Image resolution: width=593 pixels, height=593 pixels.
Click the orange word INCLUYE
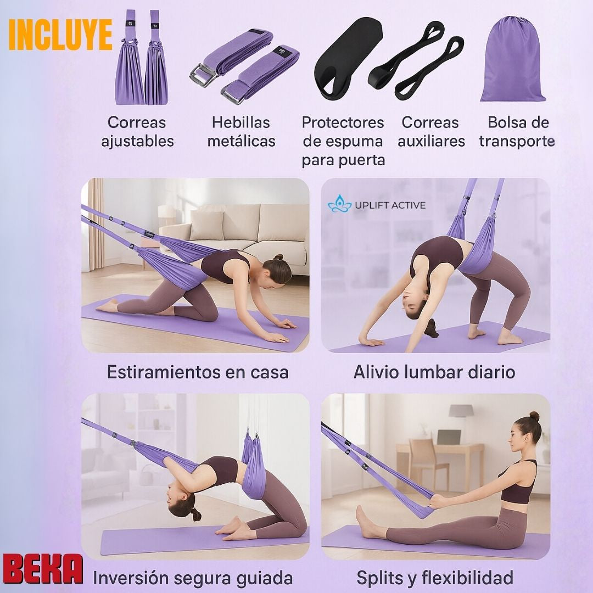(60, 35)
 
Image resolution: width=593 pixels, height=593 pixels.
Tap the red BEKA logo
(43, 569)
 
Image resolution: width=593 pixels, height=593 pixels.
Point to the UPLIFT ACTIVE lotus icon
(339, 205)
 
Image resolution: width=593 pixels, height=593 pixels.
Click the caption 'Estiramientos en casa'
(198, 372)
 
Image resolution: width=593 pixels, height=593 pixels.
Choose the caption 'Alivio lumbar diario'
(434, 372)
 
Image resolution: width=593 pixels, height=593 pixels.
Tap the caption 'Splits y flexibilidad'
(435, 578)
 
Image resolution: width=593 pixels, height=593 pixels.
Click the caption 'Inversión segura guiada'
(193, 578)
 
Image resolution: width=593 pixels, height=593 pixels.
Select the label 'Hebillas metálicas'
(241, 132)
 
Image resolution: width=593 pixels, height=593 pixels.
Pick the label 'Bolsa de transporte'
(517, 132)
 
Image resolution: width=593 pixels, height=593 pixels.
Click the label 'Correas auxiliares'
(431, 132)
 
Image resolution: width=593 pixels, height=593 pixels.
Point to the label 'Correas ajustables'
(137, 132)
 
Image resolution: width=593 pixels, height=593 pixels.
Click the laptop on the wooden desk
(449, 437)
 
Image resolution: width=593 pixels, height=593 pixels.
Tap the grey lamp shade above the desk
(461, 410)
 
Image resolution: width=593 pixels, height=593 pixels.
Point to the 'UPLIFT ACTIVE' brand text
(390, 205)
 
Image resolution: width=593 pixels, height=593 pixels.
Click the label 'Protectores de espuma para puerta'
(343, 141)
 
